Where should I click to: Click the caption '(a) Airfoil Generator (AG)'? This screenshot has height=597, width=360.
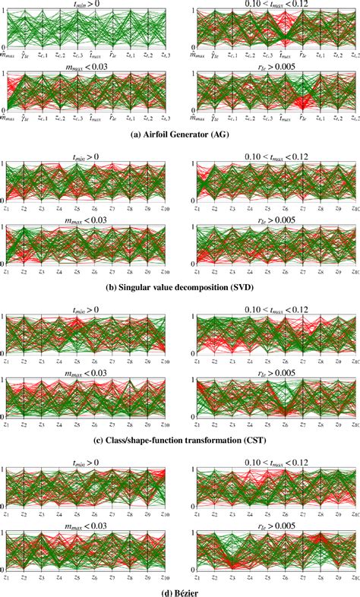pyautogui.click(x=179, y=137)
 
